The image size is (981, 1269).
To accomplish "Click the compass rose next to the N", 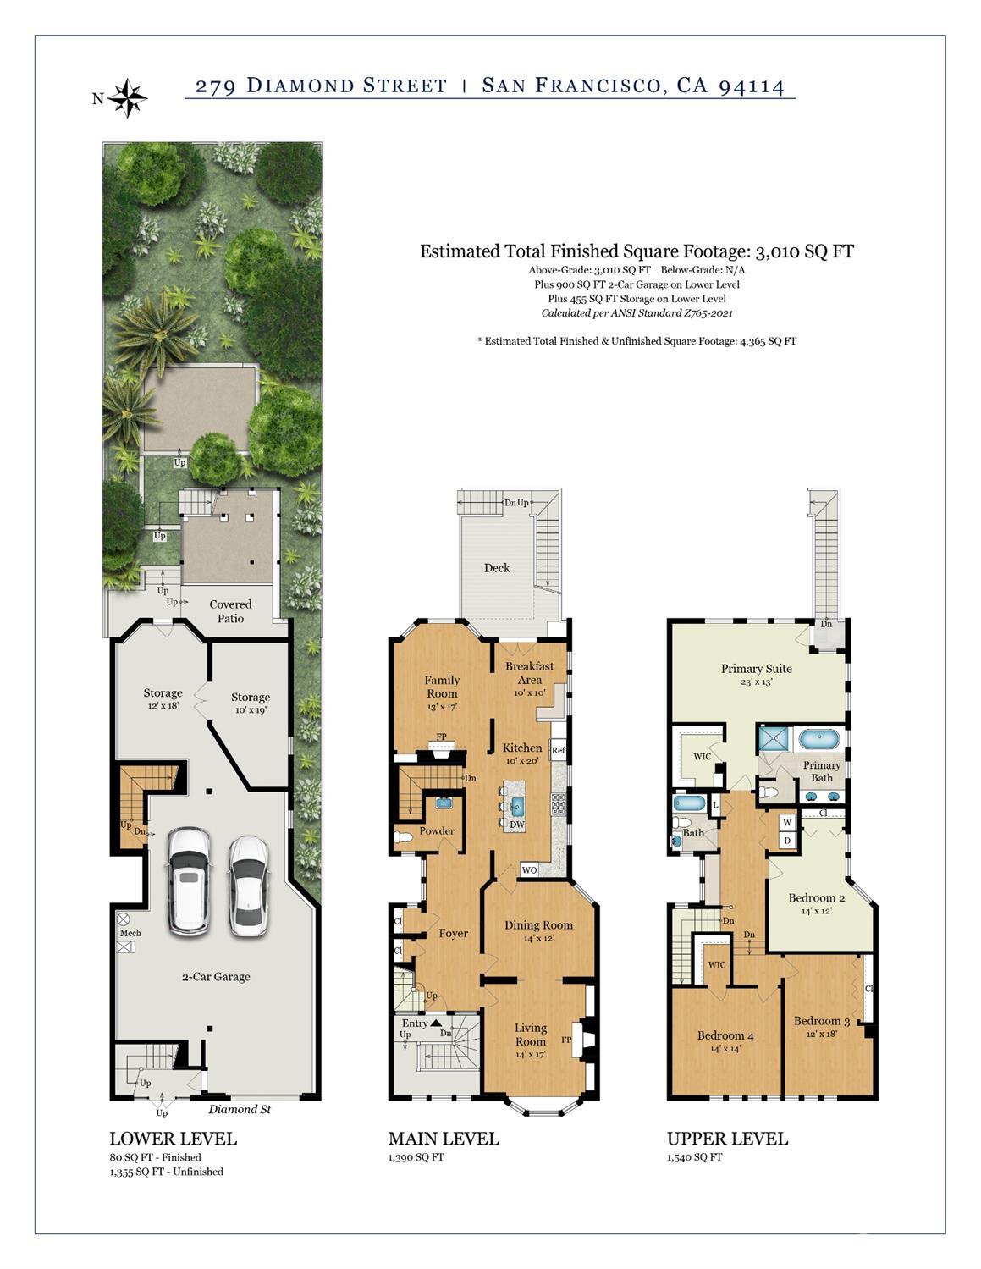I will point(128,98).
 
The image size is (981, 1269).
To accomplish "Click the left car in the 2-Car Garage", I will point(189,880).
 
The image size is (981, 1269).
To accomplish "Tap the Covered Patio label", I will point(230,611).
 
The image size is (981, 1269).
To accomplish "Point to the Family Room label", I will point(442,687).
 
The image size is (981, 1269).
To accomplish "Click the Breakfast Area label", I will point(529,673).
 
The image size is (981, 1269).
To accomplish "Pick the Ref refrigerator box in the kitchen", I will point(558,750).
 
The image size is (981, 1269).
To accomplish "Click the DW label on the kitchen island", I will point(517,824).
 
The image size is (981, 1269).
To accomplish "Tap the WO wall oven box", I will point(529,869).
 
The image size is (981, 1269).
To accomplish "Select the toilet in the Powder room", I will point(404,838).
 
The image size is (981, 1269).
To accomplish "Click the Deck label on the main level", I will point(497,568).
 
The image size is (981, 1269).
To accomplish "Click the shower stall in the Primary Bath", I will point(773,738).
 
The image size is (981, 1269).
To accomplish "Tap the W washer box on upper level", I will point(786,822).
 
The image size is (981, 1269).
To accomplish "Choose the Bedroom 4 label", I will point(725,1035).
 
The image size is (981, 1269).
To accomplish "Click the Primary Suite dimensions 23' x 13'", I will point(756,681).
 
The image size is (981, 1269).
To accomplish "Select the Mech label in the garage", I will point(130,933).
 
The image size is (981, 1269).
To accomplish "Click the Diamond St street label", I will point(240,1109).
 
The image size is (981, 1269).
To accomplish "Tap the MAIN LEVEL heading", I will point(444,1139).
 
